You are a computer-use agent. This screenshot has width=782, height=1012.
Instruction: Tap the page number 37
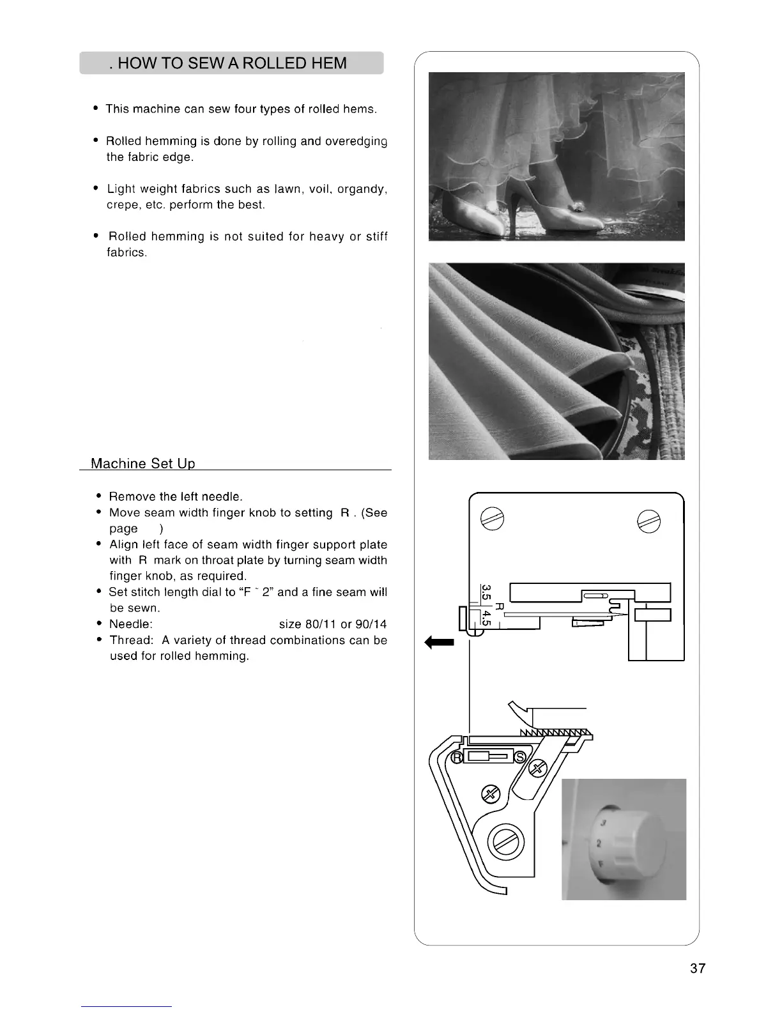(698, 968)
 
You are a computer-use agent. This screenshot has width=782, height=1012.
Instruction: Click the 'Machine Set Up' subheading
(142, 463)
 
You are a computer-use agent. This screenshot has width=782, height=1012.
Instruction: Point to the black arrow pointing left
(440, 642)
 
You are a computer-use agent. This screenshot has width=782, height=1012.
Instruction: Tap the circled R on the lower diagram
(457, 757)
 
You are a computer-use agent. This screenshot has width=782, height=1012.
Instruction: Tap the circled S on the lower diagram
(519, 757)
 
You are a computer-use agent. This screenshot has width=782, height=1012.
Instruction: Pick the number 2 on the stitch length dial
(598, 844)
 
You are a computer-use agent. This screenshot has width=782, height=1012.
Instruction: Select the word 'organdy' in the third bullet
(361, 189)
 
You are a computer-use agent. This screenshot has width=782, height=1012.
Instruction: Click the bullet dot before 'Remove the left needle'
(98, 496)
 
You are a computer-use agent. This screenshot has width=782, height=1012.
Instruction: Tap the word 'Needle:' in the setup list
(130, 624)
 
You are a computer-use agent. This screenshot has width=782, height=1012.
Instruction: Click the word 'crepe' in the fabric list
(121, 205)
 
